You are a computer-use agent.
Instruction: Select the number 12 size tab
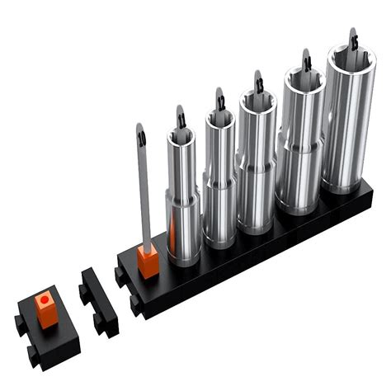[220, 102]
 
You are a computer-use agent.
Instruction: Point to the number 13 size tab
[259, 84]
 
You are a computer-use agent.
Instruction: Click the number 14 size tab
[306, 63]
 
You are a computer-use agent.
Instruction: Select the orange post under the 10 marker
[148, 262]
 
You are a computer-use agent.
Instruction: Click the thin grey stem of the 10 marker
[144, 198]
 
